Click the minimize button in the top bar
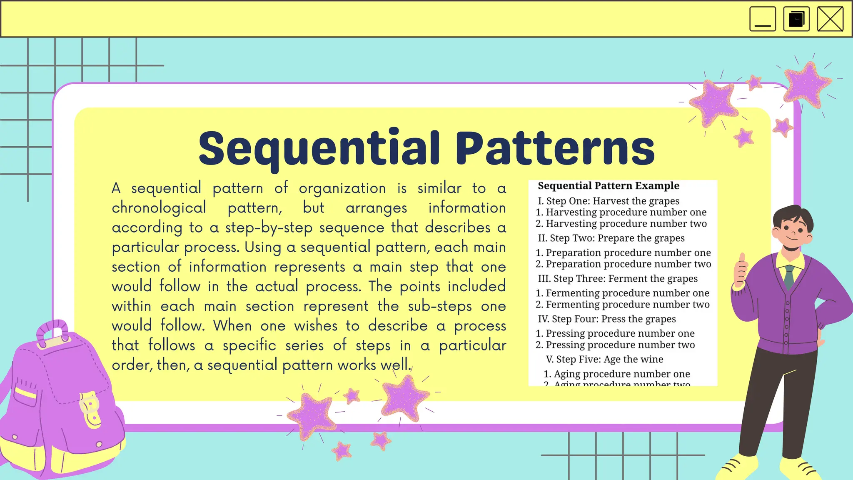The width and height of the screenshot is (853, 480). point(762,19)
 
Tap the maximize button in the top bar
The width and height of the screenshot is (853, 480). point(796,19)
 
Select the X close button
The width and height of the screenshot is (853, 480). point(830,19)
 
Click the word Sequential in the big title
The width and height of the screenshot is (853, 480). point(319,149)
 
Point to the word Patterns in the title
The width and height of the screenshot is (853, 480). point(555,149)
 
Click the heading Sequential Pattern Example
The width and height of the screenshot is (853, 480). point(609,186)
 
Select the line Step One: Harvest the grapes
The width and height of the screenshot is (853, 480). point(609,201)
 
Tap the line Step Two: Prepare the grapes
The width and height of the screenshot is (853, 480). point(611,238)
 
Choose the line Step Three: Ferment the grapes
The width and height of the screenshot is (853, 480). point(618,279)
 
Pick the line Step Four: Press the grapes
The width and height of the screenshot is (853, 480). point(607,319)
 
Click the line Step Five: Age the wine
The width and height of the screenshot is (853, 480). point(604,360)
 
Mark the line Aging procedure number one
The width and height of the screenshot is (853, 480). point(617,374)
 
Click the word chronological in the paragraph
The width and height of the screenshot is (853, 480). point(159,208)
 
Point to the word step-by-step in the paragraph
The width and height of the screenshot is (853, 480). point(269,228)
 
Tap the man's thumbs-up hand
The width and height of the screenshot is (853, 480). point(741,270)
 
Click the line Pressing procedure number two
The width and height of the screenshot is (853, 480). point(615,345)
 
